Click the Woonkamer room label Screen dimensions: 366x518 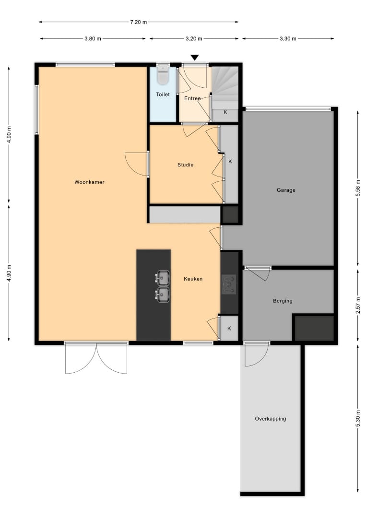89,182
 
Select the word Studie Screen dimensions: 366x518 185,165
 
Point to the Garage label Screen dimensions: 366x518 286,190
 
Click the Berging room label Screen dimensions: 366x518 283,301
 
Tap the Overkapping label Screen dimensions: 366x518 271,419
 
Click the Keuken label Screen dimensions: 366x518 193,279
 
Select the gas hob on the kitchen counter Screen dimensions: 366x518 229,284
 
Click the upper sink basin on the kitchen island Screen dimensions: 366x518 163,278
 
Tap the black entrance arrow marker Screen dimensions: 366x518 195,58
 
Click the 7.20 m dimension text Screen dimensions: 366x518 139,22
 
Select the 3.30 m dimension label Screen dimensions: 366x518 288,39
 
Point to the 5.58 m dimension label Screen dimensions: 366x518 358,188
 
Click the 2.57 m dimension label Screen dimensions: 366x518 358,305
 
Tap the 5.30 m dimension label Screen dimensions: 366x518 358,418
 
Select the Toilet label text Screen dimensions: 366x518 163,94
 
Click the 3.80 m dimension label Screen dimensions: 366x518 93,39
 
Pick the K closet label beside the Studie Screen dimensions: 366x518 230,162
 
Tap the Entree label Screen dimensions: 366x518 192,98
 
